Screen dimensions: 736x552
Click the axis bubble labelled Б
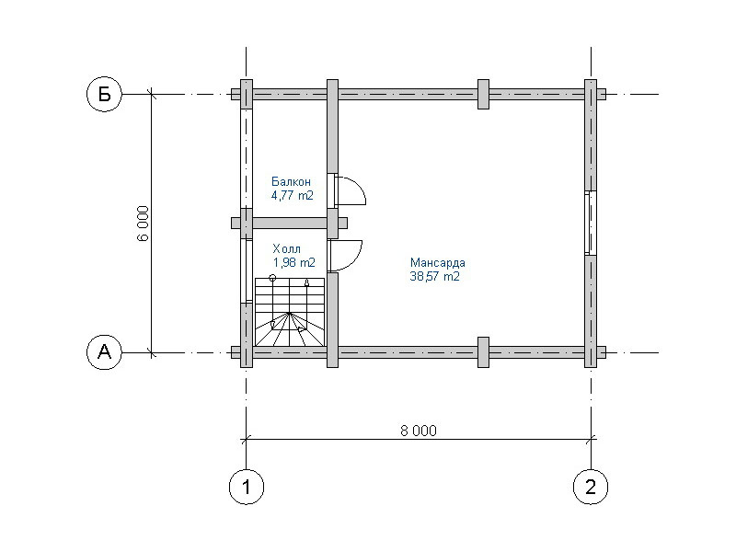[x=104, y=95]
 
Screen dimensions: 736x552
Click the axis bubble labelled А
[x=104, y=351]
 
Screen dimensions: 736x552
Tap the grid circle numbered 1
[x=247, y=487]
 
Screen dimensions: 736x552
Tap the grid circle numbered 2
[x=591, y=487]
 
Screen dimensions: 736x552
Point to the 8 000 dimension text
[x=419, y=431]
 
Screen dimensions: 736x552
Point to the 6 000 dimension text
[x=144, y=223]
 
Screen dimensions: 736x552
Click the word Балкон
[x=291, y=181]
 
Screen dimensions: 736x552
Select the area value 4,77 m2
[x=292, y=196]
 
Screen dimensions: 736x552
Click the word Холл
[x=286, y=248]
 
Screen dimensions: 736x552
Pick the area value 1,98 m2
[x=293, y=262]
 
